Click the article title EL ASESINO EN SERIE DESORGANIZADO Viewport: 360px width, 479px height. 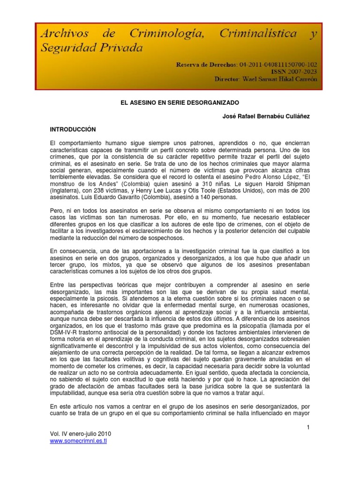180,102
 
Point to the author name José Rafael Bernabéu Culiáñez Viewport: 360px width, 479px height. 266,115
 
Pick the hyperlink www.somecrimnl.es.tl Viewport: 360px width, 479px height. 78,441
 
